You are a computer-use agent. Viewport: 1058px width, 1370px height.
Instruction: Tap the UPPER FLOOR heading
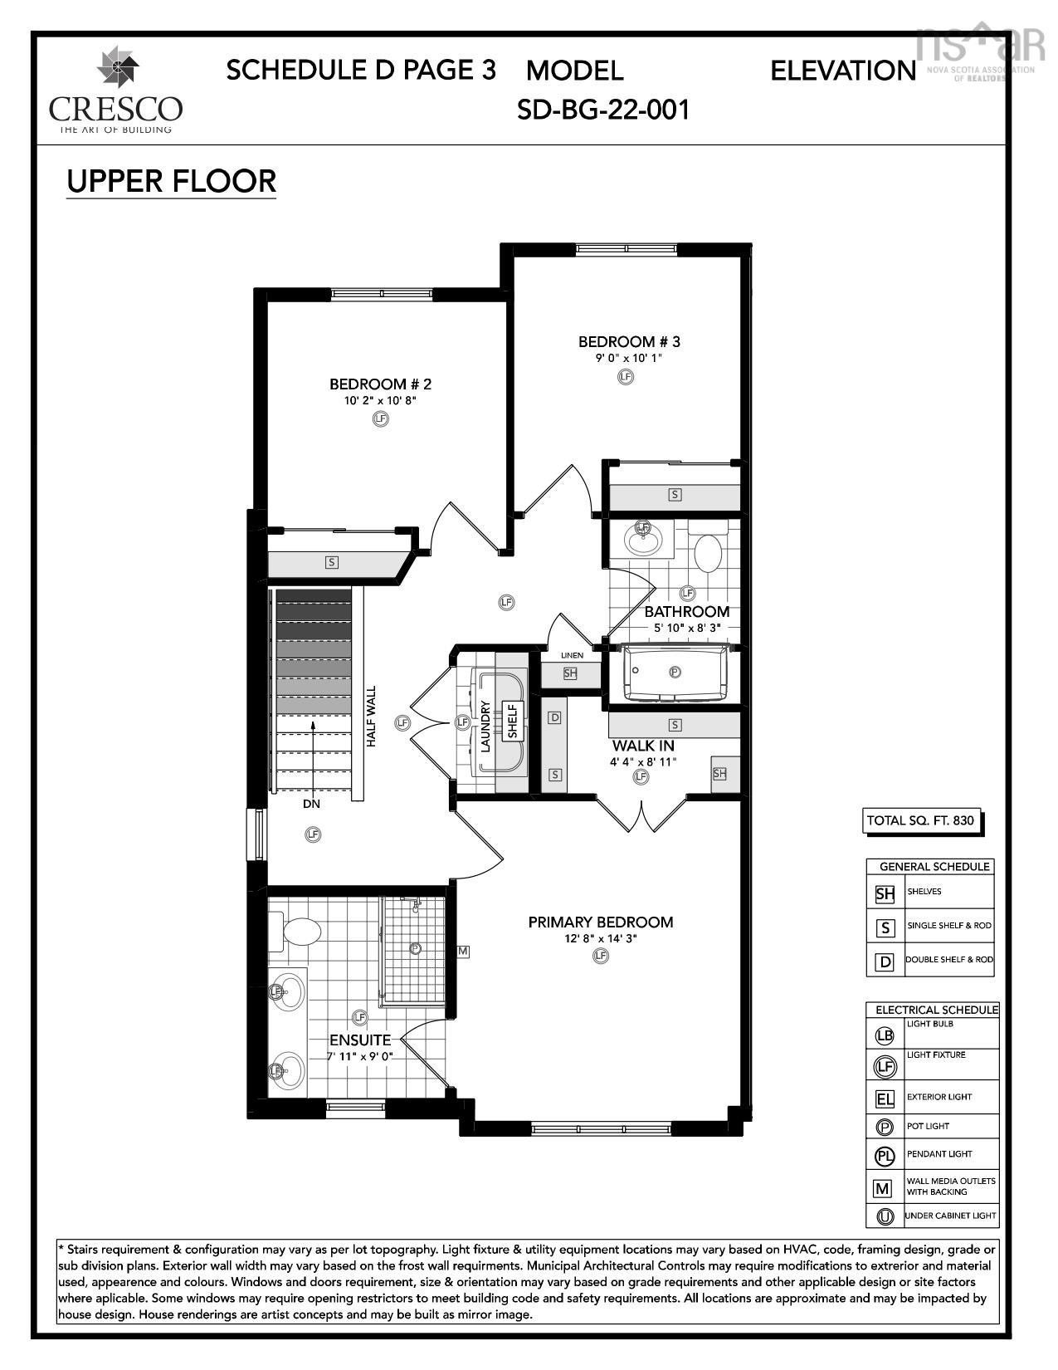(171, 181)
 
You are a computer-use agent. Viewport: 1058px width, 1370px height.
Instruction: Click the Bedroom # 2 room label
(380, 384)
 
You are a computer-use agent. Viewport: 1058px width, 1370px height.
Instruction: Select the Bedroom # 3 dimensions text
(628, 358)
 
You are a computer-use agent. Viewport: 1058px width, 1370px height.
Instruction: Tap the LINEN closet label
(572, 655)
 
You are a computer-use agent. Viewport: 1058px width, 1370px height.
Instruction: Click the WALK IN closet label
(643, 746)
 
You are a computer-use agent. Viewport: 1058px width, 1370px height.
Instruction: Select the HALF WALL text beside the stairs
(371, 716)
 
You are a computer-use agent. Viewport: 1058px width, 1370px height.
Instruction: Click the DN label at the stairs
(311, 804)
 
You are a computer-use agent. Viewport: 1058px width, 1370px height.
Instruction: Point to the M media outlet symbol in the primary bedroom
(463, 951)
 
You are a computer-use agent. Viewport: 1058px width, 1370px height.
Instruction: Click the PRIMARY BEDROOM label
(600, 922)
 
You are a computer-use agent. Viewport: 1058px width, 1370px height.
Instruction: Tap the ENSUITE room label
(359, 1040)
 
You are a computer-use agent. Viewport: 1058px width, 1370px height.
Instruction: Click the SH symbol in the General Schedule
(885, 893)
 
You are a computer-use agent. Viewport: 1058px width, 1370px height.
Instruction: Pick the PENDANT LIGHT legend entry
(939, 1154)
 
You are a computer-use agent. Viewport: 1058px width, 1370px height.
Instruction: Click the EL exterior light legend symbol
(885, 1098)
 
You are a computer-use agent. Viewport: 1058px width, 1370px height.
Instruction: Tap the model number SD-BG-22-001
(603, 109)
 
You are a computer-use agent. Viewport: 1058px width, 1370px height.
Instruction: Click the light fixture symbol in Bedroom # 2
(380, 418)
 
